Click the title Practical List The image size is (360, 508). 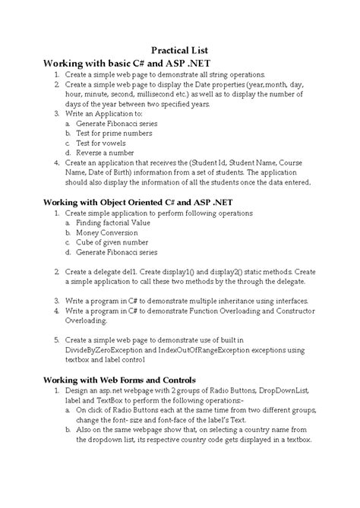180,49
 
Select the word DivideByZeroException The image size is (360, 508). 109,350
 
